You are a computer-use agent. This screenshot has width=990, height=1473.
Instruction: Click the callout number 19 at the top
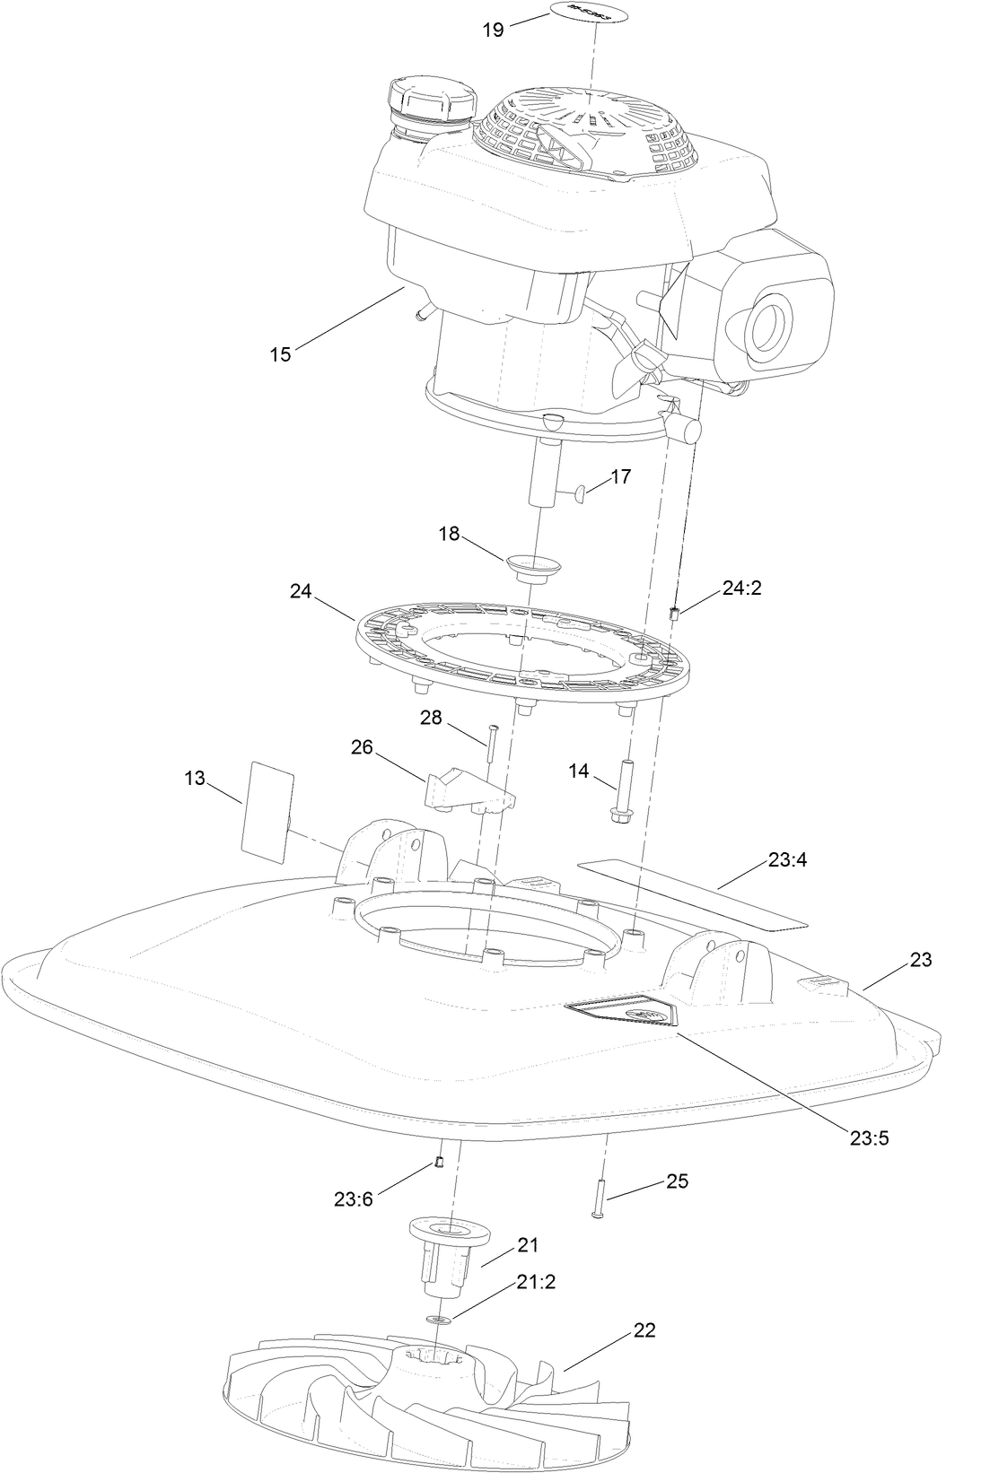coord(493,30)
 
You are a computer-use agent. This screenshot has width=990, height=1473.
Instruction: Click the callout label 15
coord(281,354)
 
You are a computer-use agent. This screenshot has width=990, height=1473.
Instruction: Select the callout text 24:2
coord(742,588)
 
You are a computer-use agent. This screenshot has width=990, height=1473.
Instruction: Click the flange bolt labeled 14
coord(620,789)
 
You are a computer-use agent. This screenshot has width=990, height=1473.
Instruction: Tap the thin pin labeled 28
coord(490,745)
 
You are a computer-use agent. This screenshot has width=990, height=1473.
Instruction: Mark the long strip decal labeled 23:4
coord(691,893)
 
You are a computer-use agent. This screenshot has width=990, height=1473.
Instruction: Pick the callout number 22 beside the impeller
coord(644,1330)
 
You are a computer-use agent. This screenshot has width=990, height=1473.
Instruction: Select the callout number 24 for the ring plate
coord(301,591)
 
